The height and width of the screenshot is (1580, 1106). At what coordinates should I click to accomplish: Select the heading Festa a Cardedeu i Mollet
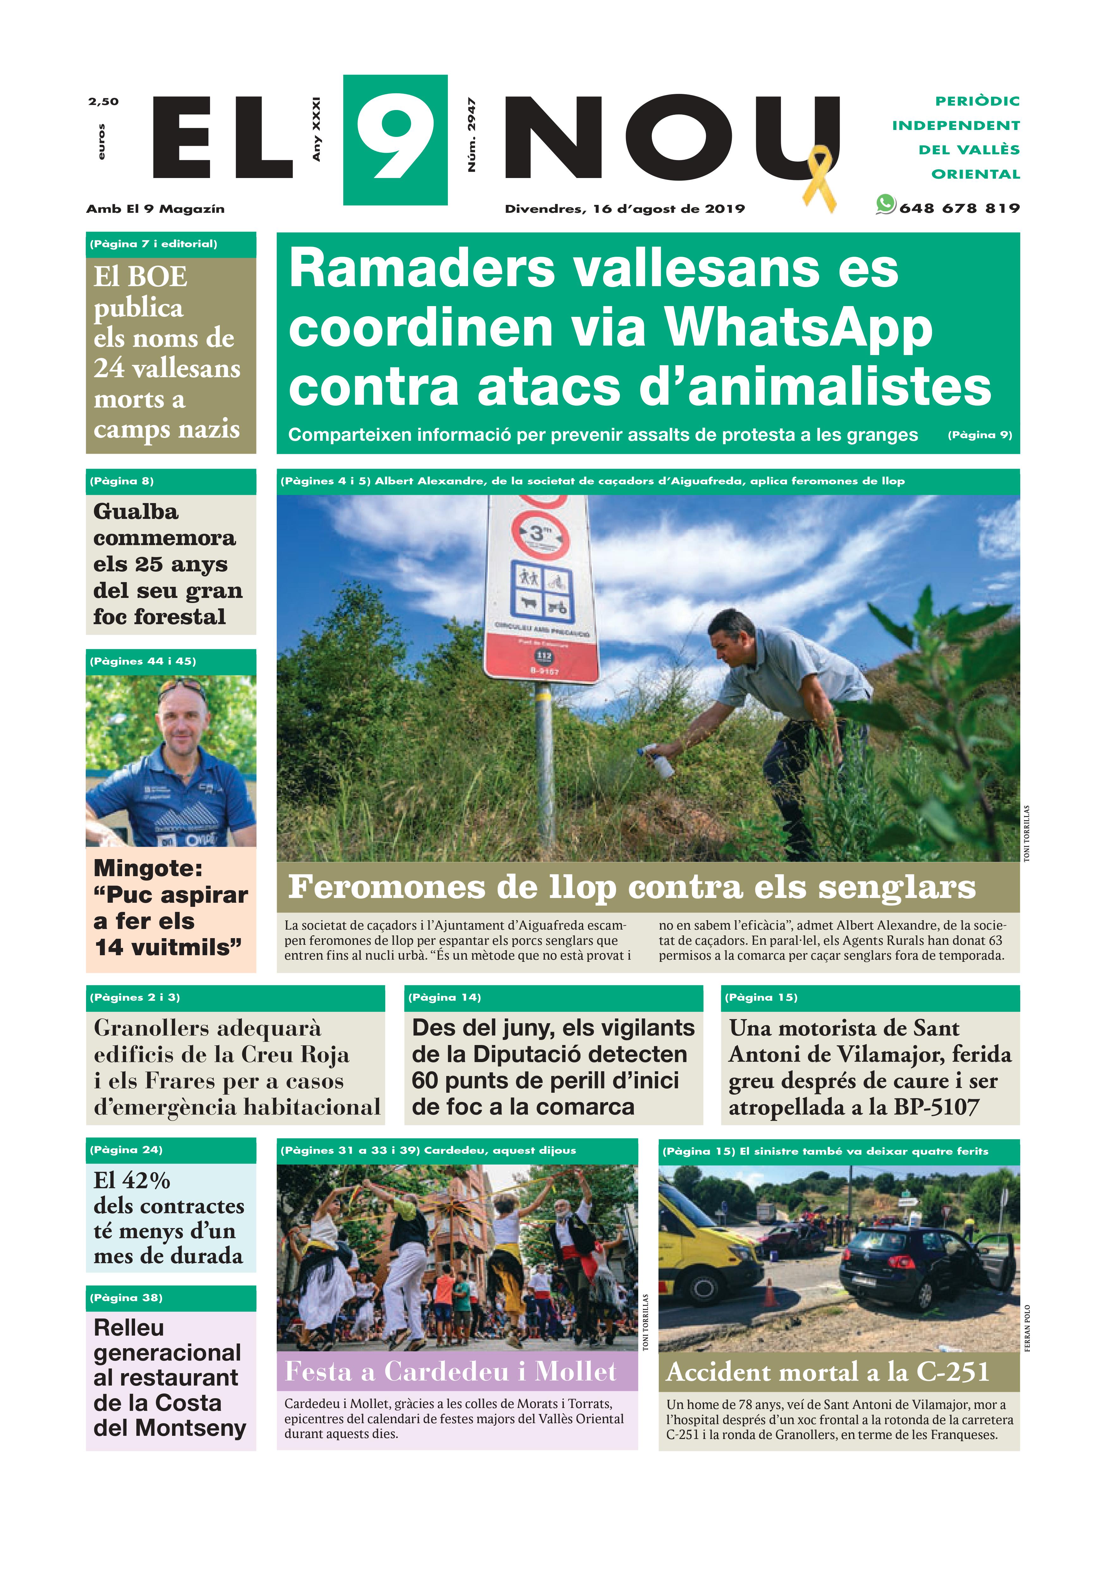[451, 1372]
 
